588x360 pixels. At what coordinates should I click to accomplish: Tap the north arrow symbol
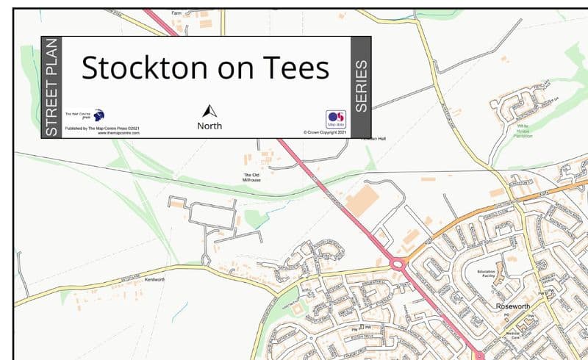coord(210,112)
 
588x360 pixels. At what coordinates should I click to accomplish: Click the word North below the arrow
coord(209,126)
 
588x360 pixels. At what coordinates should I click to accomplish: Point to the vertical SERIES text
coord(361,87)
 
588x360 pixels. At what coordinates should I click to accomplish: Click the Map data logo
coord(335,119)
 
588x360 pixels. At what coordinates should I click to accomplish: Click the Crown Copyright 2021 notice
coord(324,133)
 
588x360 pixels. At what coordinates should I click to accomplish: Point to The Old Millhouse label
coord(252,176)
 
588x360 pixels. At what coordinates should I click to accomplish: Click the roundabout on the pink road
coord(400,263)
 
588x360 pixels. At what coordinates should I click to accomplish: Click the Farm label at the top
coord(176,13)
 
